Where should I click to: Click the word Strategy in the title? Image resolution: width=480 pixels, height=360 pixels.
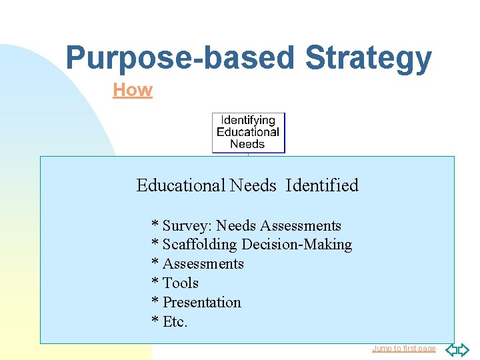click(368, 59)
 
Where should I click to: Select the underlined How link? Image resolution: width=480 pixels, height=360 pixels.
click(133, 90)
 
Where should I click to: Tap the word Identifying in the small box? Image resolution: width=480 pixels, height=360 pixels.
click(248, 121)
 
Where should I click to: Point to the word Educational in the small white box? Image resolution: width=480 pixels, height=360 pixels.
click(248, 132)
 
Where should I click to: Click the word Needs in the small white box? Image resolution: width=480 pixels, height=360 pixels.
click(248, 143)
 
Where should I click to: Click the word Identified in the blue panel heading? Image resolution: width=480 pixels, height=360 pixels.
click(322, 185)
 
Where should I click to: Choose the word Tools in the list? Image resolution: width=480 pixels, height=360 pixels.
click(181, 283)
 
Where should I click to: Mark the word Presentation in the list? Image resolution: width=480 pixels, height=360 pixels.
click(202, 303)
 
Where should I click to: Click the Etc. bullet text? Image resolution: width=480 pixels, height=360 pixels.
click(175, 322)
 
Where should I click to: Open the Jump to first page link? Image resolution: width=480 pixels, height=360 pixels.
click(403, 349)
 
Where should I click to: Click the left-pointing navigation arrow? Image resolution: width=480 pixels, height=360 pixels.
click(451, 349)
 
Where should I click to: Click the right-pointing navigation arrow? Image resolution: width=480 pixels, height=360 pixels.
click(463, 349)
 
